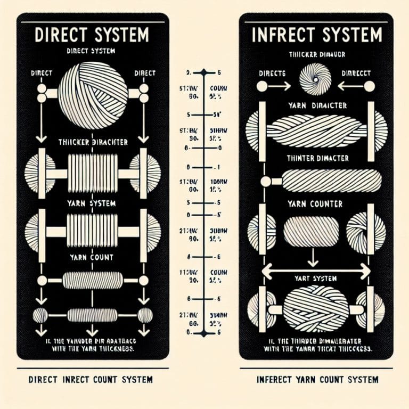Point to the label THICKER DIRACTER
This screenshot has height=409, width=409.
pyautogui.click(x=92, y=142)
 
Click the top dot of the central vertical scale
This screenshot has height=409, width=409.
pyautogui.click(x=204, y=72)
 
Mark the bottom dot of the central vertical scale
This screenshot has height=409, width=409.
pyautogui.click(x=204, y=334)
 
